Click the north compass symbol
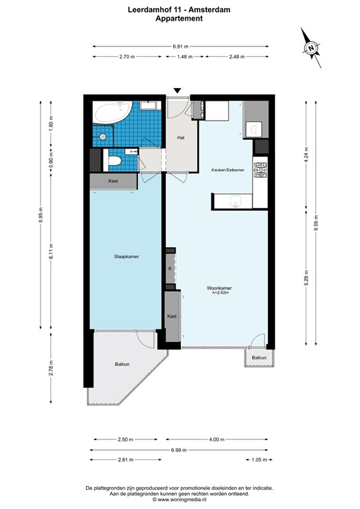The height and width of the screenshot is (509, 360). coord(311,48)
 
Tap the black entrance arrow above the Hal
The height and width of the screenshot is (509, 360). coord(177,91)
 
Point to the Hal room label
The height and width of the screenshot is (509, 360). coord(180,137)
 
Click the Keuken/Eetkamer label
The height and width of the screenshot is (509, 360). coord(227,170)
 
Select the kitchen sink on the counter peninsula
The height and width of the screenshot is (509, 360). coord(235,201)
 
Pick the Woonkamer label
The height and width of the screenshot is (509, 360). coord(219,288)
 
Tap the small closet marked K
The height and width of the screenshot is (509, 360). coord(170,268)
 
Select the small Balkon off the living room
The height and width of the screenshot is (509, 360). coord(258,358)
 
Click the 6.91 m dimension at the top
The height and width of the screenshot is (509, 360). coord(180,46)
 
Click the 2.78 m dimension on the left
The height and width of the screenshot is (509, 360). coord(50,367)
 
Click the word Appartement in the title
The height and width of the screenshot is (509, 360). coord(179,19)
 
